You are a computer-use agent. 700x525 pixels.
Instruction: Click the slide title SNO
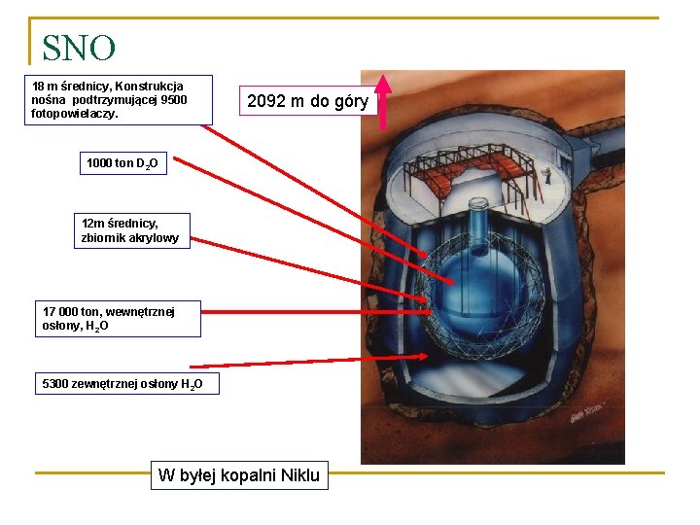pos(79,48)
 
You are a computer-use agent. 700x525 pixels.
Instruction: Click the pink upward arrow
pos(383,100)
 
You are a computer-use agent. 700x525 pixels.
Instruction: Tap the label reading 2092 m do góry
pos(307,101)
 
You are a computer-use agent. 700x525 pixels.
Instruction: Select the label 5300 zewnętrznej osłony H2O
pos(122,384)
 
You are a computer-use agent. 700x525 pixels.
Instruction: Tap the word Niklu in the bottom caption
pos(299,475)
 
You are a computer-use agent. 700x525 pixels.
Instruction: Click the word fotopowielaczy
pos(75,114)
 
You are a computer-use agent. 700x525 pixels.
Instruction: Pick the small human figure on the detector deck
pos(548,176)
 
